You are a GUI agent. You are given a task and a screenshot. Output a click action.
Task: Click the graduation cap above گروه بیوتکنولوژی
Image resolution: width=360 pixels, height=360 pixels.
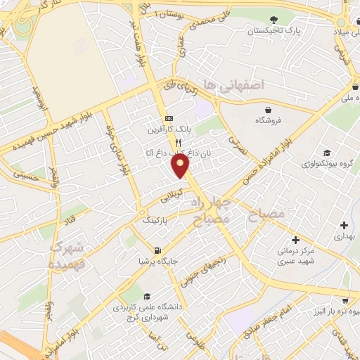coord(326,153)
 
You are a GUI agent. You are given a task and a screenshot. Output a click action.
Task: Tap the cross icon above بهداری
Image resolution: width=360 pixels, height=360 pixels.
coord(344,226)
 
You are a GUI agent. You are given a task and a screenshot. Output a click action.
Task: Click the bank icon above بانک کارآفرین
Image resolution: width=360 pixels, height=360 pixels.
coord(168,117)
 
